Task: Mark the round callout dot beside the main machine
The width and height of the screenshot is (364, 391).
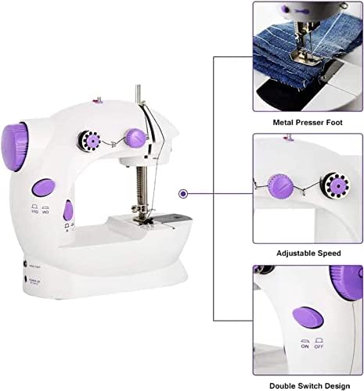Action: click(x=182, y=193)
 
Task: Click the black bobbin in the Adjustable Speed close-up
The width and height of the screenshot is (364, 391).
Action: click(x=339, y=186)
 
